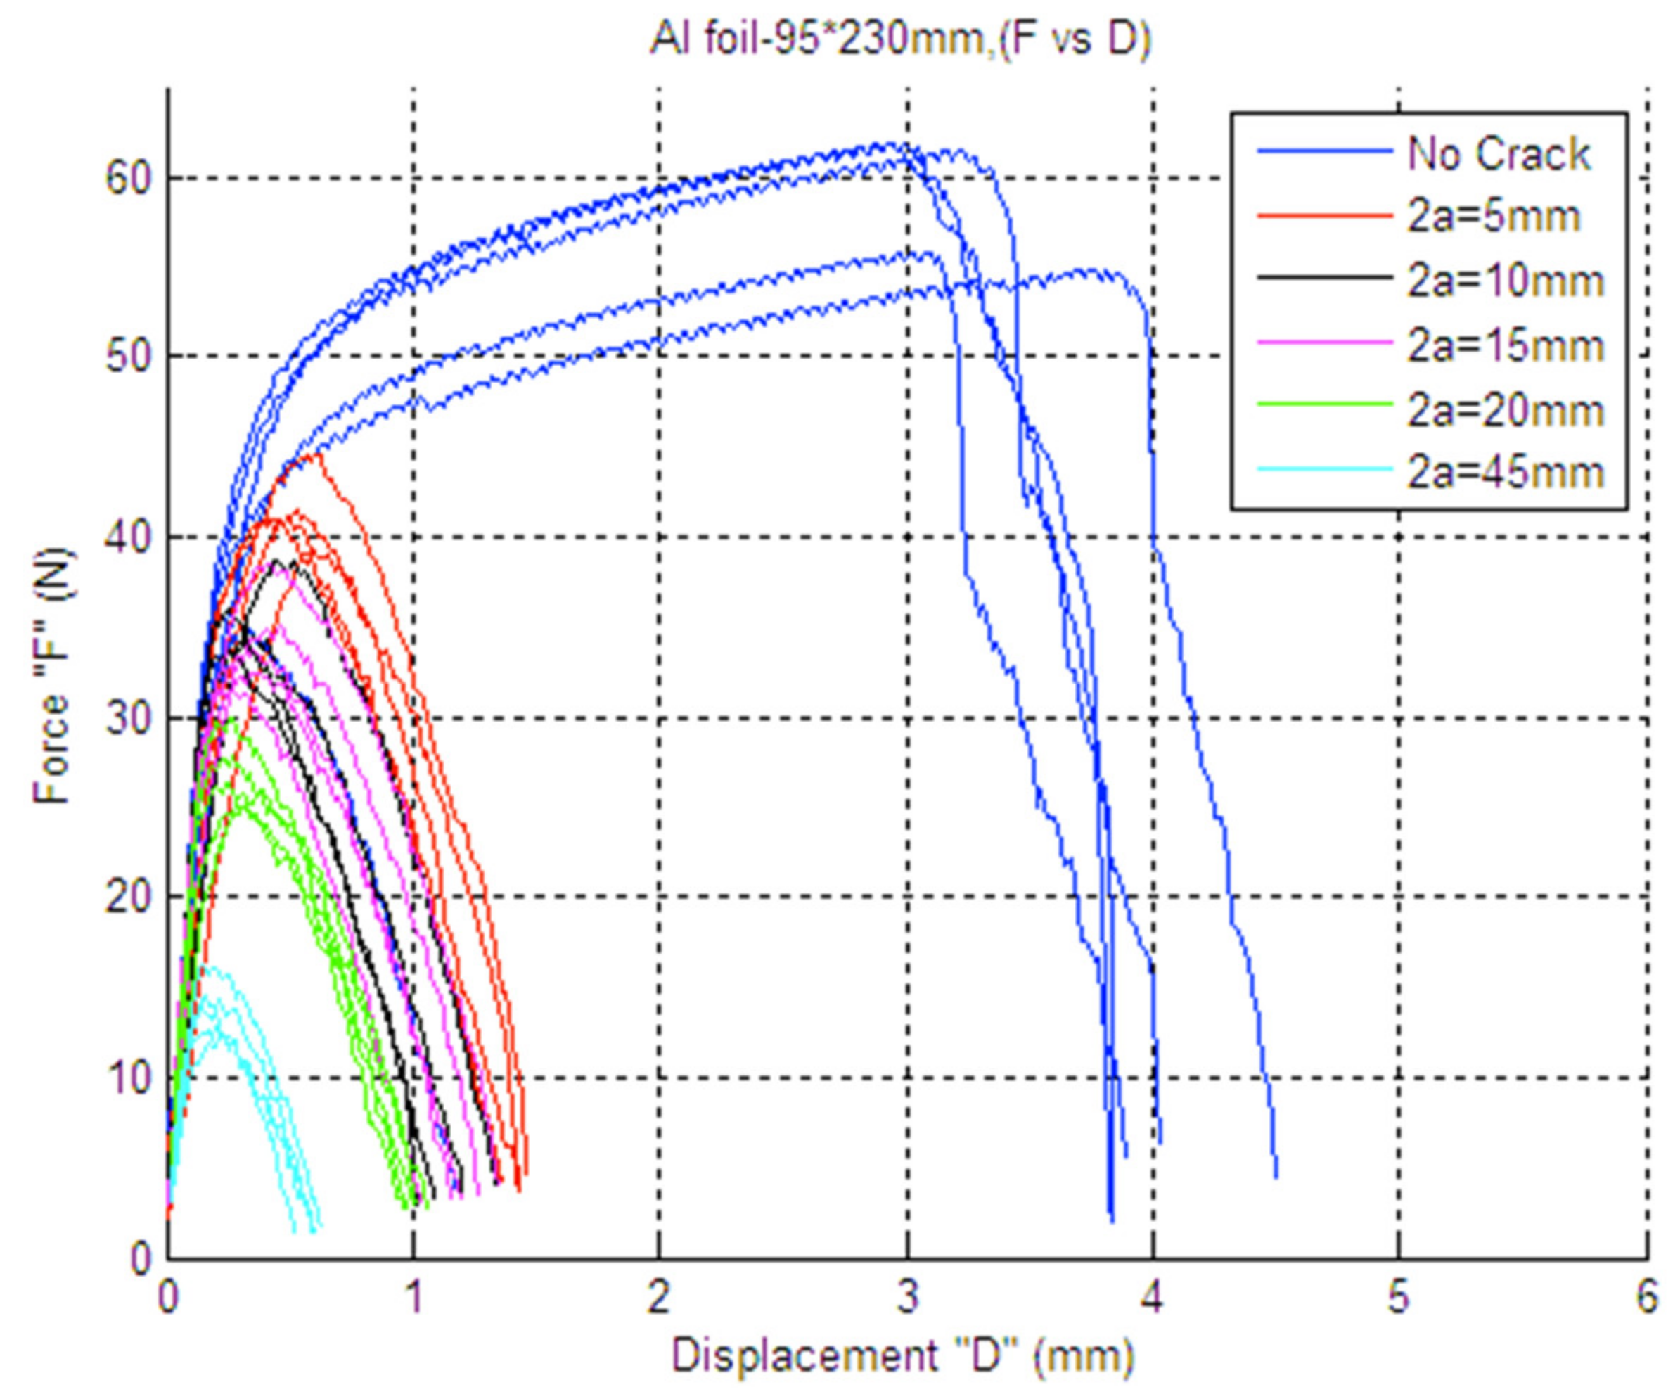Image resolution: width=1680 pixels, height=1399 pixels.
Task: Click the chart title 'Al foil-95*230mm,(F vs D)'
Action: [900, 39]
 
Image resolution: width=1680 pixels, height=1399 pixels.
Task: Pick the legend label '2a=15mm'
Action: [1506, 346]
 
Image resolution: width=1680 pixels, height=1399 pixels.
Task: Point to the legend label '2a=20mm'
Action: [1506, 410]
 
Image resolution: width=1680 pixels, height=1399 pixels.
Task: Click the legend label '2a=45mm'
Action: [1506, 472]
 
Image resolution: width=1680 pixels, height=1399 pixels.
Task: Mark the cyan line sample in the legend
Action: [1324, 468]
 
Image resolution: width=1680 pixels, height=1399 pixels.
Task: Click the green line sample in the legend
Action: [1324, 404]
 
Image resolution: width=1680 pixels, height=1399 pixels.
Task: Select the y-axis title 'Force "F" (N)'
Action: [53, 677]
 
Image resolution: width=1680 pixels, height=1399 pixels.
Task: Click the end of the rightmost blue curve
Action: [1276, 1177]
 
